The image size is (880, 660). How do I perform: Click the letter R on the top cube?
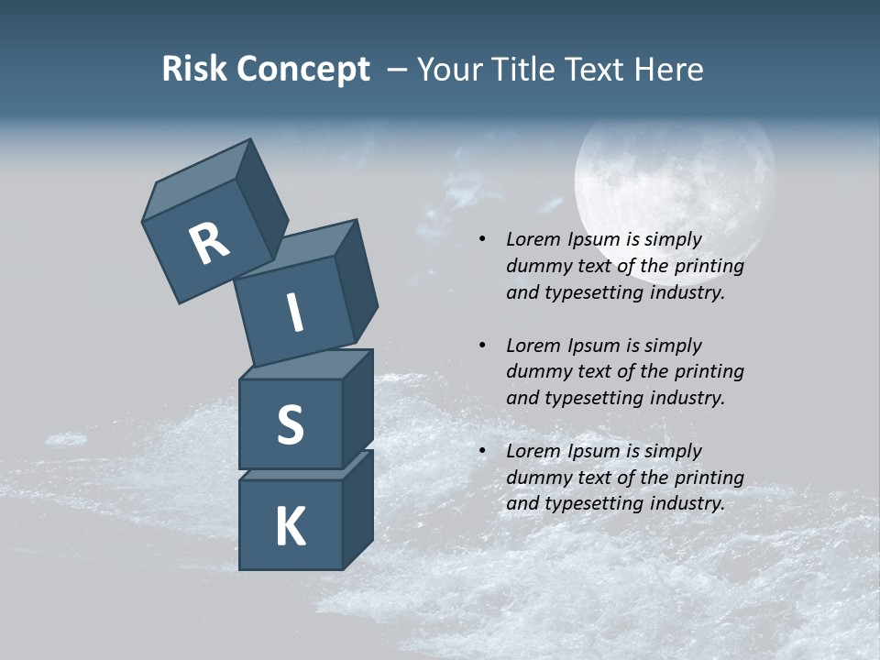[x=209, y=244]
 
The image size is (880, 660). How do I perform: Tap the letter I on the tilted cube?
[x=295, y=313]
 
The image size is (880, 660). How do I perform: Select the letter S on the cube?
[x=290, y=424]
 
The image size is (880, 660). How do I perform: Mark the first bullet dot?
[x=482, y=240]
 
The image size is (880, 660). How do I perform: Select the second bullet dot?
[x=482, y=346]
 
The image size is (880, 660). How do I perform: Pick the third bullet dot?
[x=482, y=452]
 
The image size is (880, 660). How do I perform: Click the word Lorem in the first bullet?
[x=531, y=239]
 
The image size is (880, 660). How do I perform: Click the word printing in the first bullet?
[x=709, y=267]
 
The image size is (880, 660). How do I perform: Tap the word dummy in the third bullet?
[x=536, y=478]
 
